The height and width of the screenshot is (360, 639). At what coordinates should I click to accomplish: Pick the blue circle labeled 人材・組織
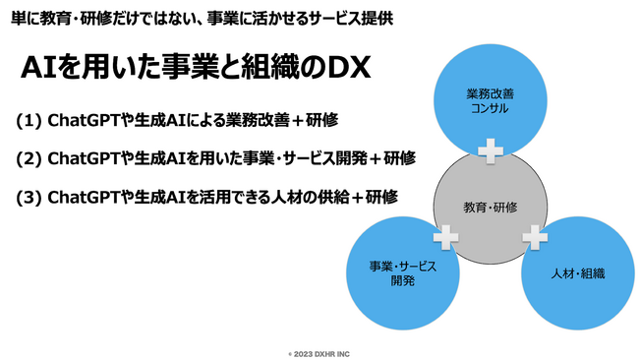[578, 272]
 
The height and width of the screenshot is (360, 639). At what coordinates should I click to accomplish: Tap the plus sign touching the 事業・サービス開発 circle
[445, 236]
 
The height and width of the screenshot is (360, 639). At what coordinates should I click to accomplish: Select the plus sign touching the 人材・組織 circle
[533, 236]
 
